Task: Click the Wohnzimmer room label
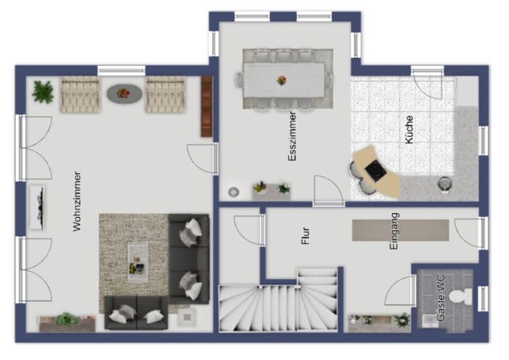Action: coord(77,201)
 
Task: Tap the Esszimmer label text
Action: coord(292,136)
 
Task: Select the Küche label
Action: coord(409,130)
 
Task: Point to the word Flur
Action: coord(306,236)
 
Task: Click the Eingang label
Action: coord(394,231)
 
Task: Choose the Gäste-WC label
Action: coord(441,298)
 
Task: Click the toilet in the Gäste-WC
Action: coord(461,297)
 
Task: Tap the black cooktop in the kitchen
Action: coord(376,171)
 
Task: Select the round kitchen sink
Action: coord(445,184)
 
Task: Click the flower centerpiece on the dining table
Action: coord(281,80)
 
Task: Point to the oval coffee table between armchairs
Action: coord(125,94)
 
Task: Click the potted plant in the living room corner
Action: coord(43,92)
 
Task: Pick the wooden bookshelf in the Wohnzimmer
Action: coord(206,106)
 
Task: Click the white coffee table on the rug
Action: coord(137,262)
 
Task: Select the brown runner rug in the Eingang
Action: coord(400,230)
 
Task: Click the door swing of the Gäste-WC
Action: coord(399,292)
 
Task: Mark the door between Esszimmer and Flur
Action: coord(328,191)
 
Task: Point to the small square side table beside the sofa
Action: coord(187,317)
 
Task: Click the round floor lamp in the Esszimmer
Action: coord(233,192)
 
